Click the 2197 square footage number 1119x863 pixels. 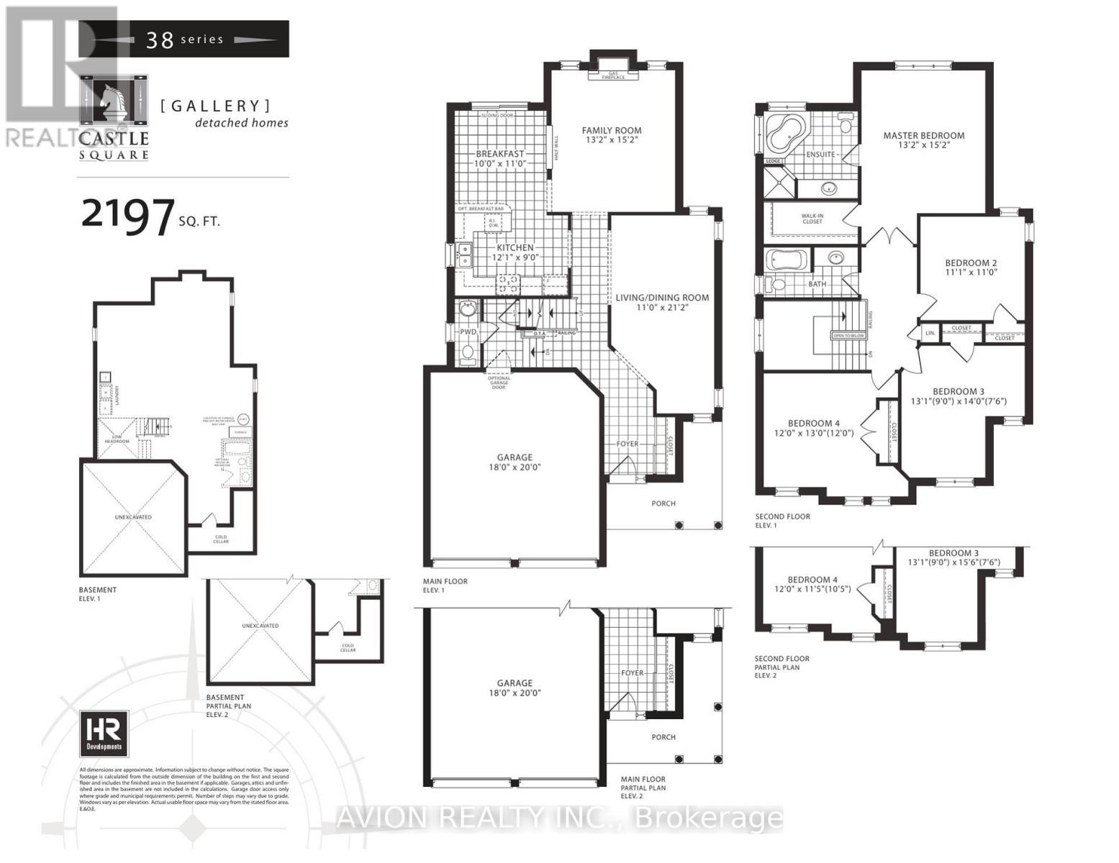point(128,214)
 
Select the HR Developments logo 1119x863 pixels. point(104,733)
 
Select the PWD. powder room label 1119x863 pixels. point(468,332)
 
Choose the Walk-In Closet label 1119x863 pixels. point(812,219)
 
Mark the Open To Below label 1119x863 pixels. point(848,336)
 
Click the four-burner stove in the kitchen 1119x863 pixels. point(508,283)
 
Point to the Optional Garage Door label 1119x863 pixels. point(499,383)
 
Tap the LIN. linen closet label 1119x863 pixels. point(930,333)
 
